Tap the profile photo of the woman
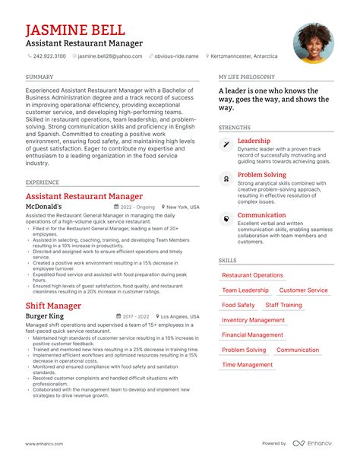point(314,43)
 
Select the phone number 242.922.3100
point(48,56)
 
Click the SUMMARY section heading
point(39,78)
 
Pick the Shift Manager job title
point(53,305)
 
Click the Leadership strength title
point(254,141)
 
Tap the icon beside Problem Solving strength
point(226,178)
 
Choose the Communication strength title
point(261,215)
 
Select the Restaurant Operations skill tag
point(252,275)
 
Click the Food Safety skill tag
point(238,305)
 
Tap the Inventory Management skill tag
point(253,320)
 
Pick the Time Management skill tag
point(247,365)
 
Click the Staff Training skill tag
point(283,305)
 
